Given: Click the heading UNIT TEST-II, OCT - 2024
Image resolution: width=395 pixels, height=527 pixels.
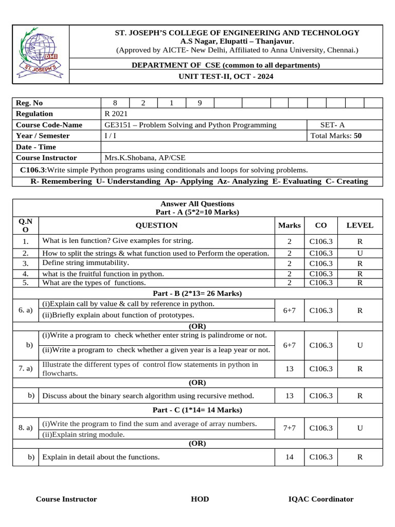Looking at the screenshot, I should pyautogui.click(x=226, y=77).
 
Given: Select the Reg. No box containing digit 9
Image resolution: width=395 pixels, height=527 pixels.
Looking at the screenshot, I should pyautogui.click(x=200, y=103).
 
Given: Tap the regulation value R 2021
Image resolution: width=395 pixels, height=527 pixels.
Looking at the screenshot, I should pyautogui.click(x=116, y=114).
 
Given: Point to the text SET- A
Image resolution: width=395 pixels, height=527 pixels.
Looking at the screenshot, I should pyautogui.click(x=333, y=125).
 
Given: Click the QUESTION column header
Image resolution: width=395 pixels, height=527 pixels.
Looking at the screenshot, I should pyautogui.click(x=156, y=225).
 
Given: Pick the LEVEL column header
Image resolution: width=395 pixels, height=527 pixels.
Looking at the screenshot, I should pyautogui.click(x=360, y=225).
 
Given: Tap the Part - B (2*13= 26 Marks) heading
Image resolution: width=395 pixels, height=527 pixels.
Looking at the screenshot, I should pyautogui.click(x=197, y=293).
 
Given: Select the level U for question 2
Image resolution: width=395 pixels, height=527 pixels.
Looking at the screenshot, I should pyautogui.click(x=360, y=253).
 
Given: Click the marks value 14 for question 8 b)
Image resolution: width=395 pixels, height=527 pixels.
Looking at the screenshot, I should pyautogui.click(x=290, y=457).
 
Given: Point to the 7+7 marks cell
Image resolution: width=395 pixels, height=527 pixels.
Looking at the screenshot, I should pyautogui.click(x=290, y=428).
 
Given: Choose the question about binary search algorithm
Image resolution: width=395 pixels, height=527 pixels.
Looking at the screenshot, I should pyautogui.click(x=148, y=396).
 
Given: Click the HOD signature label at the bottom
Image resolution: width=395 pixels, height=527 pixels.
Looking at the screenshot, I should pyautogui.click(x=200, y=499).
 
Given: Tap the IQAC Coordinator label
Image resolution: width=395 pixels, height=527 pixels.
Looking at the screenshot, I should pyautogui.click(x=321, y=499).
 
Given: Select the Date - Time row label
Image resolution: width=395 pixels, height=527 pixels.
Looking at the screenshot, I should pyautogui.click(x=36, y=147).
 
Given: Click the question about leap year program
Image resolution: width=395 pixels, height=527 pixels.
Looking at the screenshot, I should pyautogui.click(x=156, y=350).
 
